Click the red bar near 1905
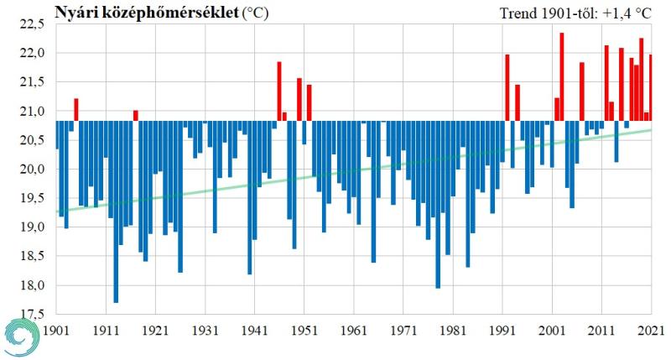tap(76, 110)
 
